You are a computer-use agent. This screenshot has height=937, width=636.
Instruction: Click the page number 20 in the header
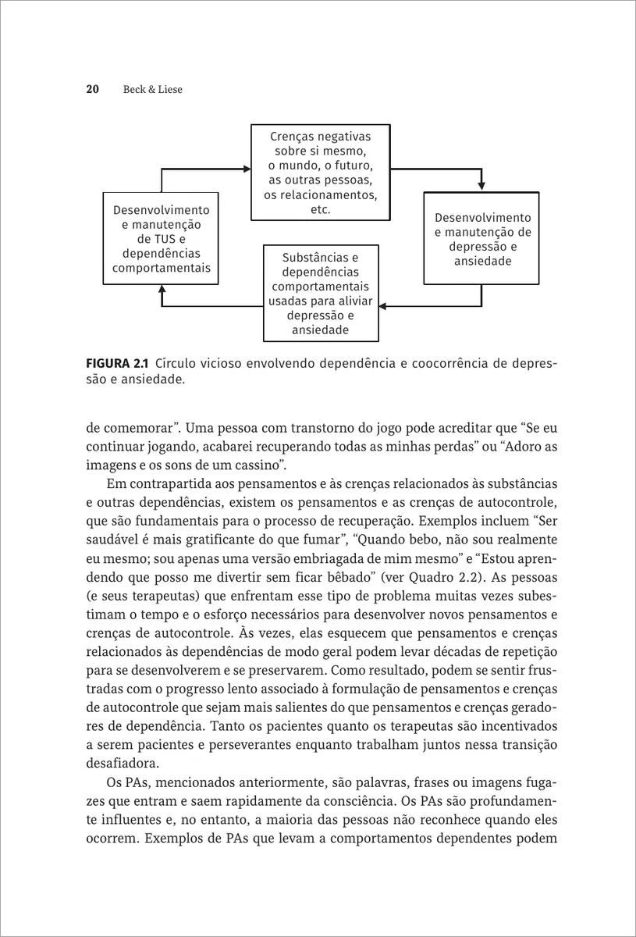tap(91, 90)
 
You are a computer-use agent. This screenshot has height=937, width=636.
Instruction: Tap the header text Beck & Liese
tap(152, 90)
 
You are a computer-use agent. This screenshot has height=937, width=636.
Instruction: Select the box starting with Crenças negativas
tap(319, 173)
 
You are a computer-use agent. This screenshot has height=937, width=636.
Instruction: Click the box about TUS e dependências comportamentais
tap(162, 239)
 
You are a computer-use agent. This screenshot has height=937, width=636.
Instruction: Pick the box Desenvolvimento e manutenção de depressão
tap(481, 238)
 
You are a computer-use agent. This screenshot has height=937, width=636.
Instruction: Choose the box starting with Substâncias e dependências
tap(320, 294)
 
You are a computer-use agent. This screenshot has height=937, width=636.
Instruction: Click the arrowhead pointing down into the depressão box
tap(481, 186)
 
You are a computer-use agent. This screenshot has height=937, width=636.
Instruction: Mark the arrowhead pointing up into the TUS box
tap(162, 289)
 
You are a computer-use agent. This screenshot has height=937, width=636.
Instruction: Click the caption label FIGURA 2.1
tap(117, 364)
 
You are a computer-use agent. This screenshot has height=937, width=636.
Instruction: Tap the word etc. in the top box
tap(319, 210)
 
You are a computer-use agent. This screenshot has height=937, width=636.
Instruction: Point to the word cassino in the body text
tap(259, 466)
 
